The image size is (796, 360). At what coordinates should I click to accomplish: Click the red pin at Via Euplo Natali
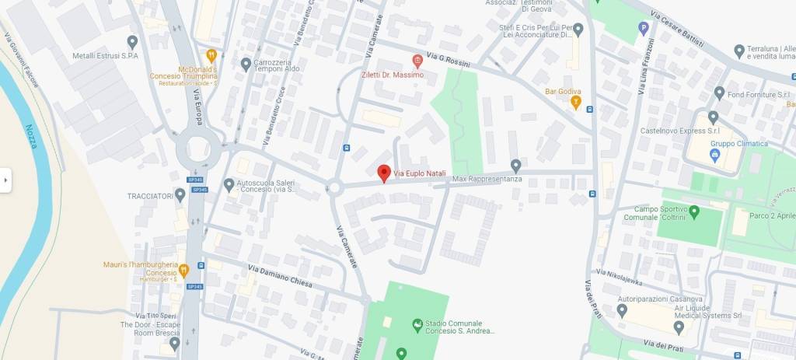pos(383,173)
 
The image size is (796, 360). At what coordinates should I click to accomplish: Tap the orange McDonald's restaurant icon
pos(211,55)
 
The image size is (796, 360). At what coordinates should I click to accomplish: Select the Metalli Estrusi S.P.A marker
pos(132,41)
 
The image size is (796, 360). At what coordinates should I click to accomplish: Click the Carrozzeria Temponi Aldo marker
pos(246,63)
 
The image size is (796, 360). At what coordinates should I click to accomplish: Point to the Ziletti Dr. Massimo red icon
pos(417,60)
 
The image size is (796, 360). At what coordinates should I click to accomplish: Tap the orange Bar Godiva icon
pos(576,101)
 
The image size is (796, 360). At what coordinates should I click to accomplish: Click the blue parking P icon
pos(643,28)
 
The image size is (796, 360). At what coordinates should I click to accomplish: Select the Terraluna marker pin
pos(739,51)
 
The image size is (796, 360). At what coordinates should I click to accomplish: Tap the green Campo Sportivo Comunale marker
pos(694,210)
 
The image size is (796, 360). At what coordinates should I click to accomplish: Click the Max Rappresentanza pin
pos(515,166)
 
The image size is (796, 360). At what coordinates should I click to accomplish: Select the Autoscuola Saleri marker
pos(229,184)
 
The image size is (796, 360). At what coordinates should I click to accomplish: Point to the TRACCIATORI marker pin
pos(180,194)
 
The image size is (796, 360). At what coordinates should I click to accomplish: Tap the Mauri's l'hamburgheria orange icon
pos(183,271)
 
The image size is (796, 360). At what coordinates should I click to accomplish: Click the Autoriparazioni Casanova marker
pos(622,309)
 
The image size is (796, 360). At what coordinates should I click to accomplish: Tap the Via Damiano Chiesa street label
pos(280,276)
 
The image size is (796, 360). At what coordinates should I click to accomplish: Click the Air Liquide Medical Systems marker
pos(679,327)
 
